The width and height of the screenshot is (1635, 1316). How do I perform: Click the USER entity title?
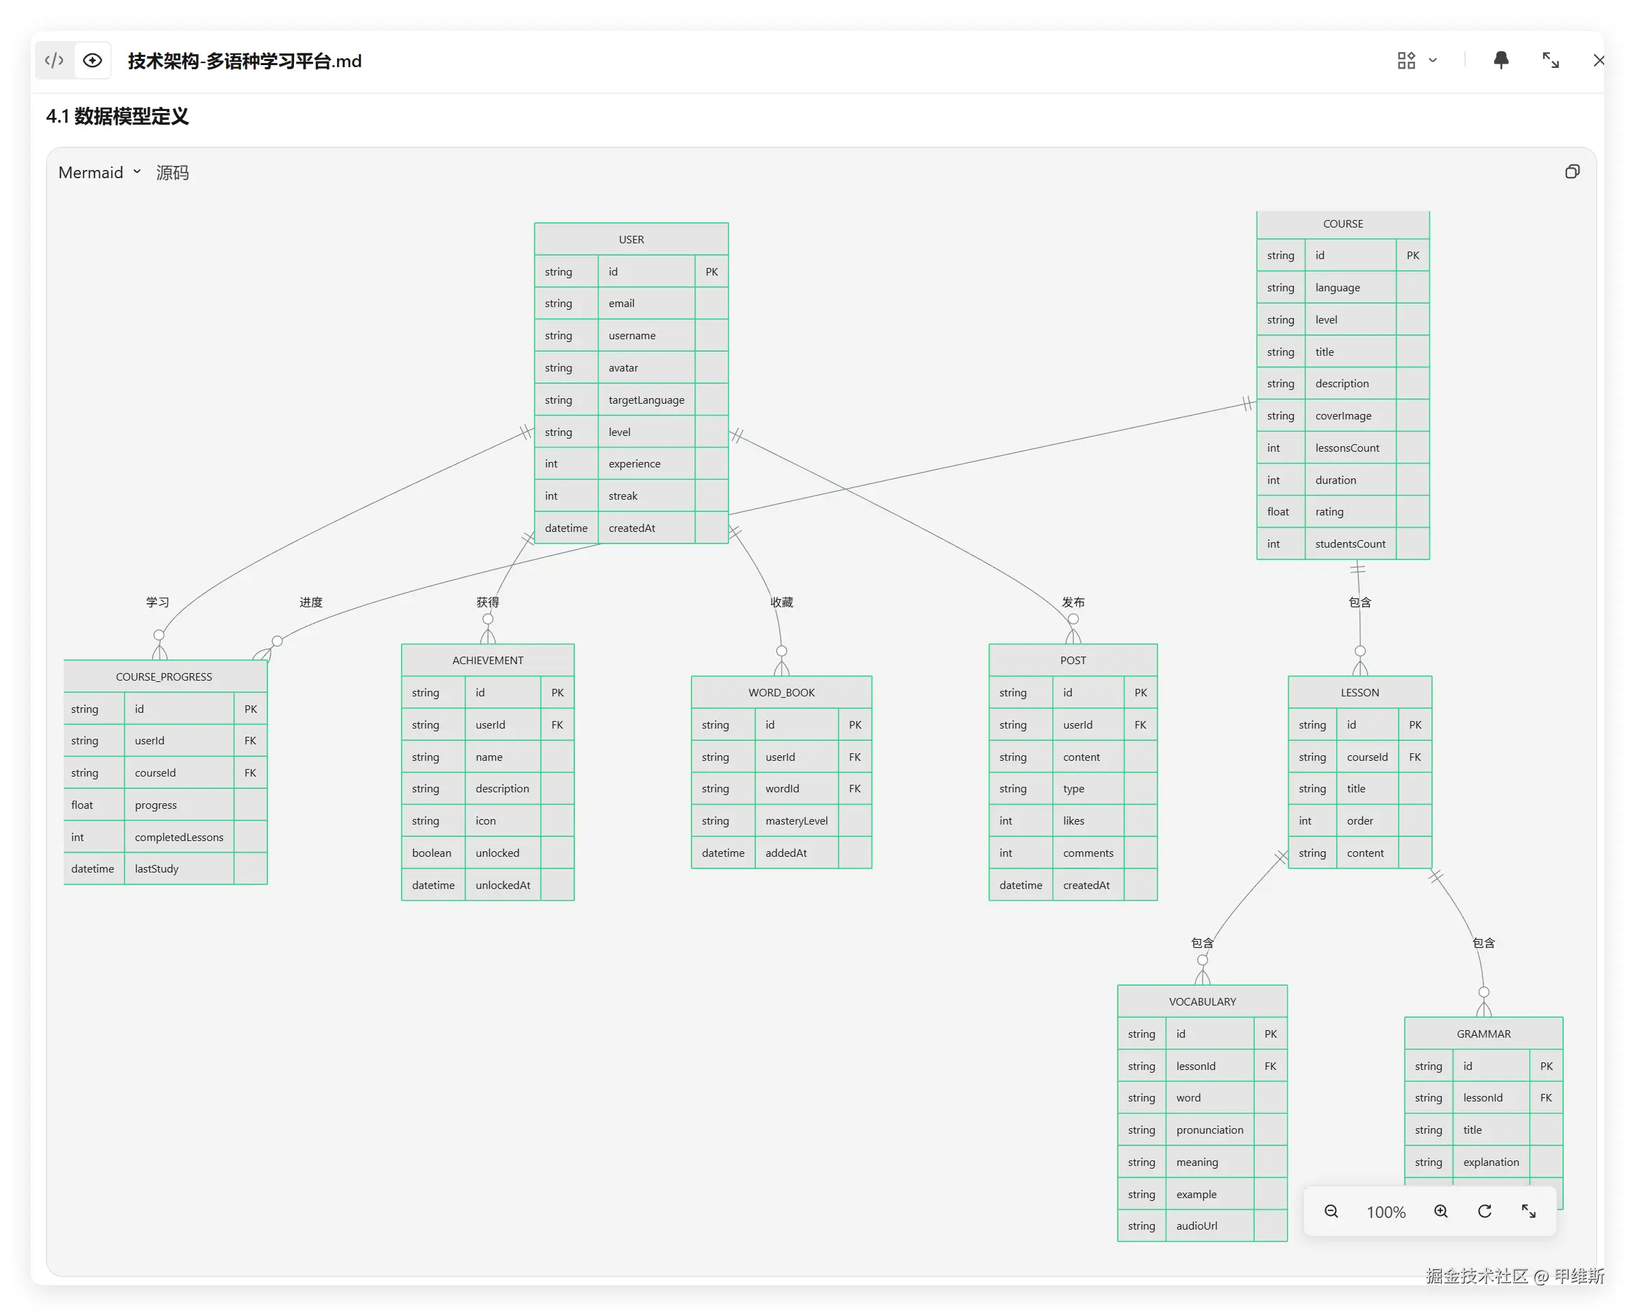point(631,240)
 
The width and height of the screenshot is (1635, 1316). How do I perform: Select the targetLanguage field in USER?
point(646,400)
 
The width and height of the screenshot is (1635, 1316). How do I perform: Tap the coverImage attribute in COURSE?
point(1343,415)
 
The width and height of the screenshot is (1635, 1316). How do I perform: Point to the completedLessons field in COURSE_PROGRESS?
point(179,838)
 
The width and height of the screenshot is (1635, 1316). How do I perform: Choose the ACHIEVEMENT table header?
point(488,661)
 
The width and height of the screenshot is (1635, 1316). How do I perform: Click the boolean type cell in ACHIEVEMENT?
point(432,853)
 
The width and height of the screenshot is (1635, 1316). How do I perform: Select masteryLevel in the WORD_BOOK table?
point(796,821)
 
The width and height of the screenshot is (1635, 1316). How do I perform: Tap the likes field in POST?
point(1073,821)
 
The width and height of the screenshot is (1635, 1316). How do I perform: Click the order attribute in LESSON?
point(1360,821)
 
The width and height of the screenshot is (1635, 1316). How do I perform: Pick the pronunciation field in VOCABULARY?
point(1209,1130)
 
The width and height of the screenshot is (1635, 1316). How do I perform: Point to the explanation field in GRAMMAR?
point(1491,1162)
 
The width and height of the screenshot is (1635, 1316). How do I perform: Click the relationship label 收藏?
point(782,602)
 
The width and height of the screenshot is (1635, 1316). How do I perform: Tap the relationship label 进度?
point(311,602)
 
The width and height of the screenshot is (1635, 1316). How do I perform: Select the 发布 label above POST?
point(1073,602)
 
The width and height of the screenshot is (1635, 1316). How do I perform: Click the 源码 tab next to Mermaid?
point(172,173)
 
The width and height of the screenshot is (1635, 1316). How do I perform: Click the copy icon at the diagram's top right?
point(1572,172)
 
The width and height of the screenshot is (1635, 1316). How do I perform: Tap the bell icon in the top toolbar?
point(1501,60)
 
